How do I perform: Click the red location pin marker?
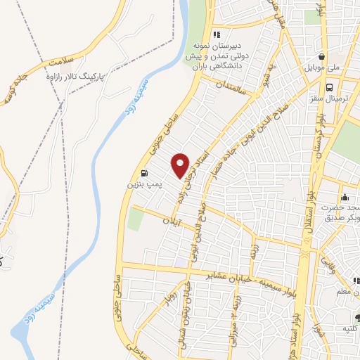(x=181, y=165)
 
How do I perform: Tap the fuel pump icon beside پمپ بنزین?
(x=144, y=174)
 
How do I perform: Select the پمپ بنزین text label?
(x=139, y=184)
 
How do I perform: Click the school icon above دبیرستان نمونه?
(x=217, y=34)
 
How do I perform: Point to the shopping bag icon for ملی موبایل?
(x=321, y=58)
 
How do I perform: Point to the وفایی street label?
(x=330, y=264)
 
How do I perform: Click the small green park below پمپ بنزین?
(x=135, y=219)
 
